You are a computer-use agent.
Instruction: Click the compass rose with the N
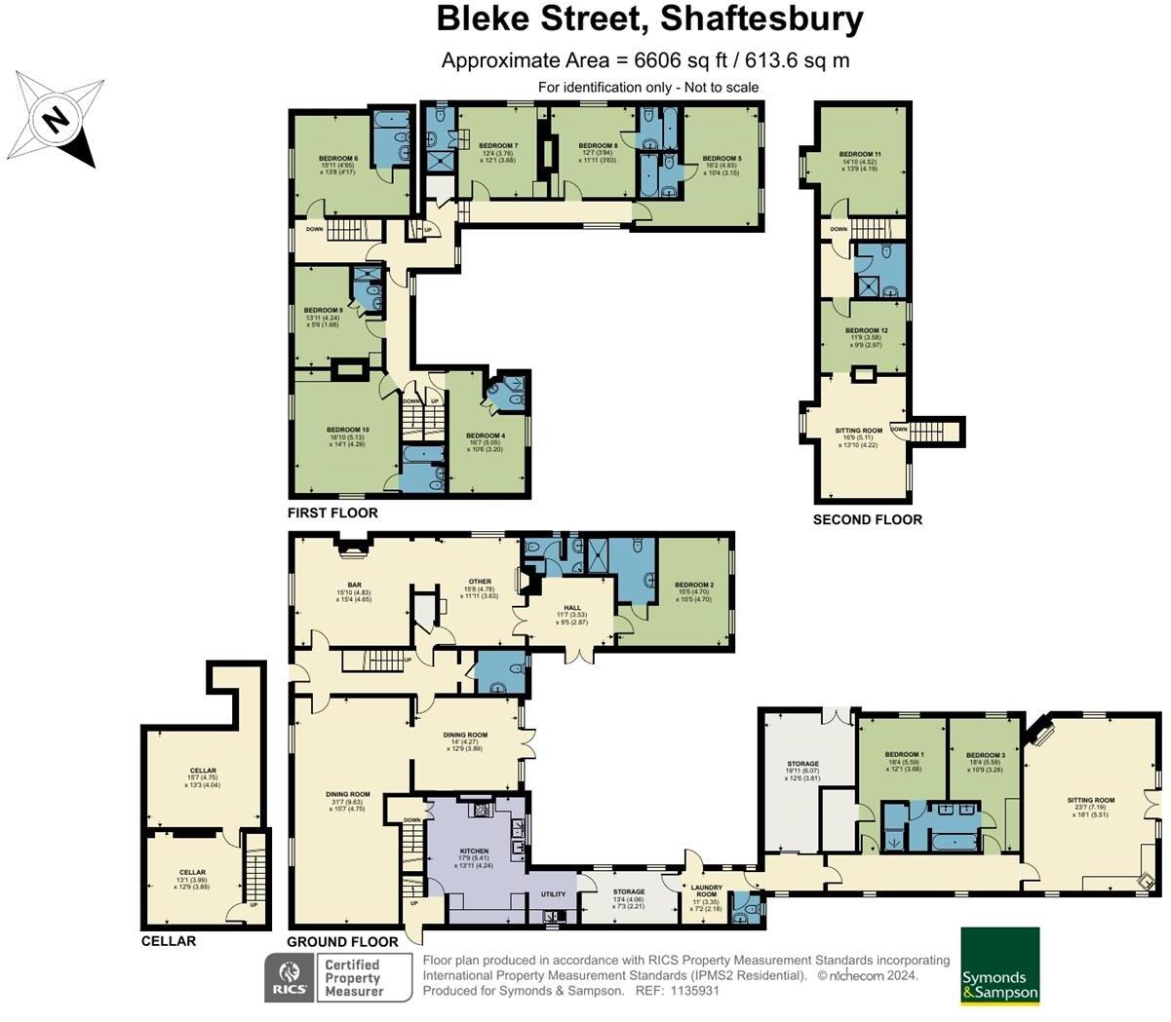click(x=57, y=120)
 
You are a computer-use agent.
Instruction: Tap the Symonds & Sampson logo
click(x=999, y=965)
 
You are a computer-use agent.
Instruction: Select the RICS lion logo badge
click(x=290, y=976)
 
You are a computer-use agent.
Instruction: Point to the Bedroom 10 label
click(x=347, y=430)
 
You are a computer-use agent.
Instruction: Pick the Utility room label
click(x=553, y=893)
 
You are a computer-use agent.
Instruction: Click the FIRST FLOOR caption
click(x=332, y=512)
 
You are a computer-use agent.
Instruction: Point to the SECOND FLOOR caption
click(x=867, y=519)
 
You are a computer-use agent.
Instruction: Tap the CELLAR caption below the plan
click(x=168, y=941)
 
